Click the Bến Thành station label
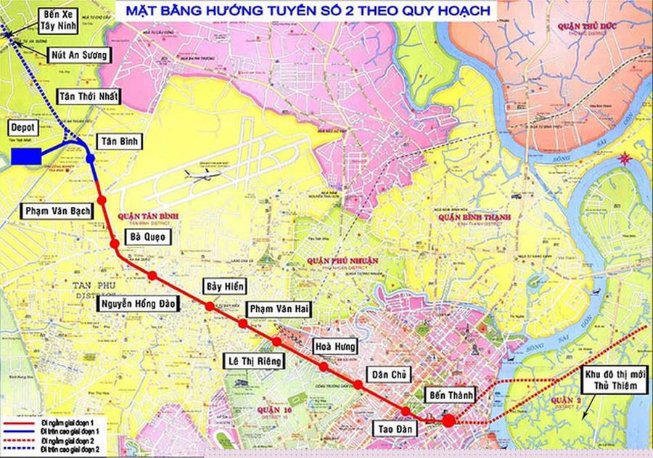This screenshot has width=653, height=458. [x=451, y=396]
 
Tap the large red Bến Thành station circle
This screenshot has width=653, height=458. [x=448, y=420]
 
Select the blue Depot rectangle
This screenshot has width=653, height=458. [x=26, y=156]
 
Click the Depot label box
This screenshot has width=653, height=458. [x=23, y=126]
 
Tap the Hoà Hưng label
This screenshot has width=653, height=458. [x=334, y=345]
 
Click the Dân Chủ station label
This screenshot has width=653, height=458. [x=389, y=375]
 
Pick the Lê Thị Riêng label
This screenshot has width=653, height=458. [x=255, y=360]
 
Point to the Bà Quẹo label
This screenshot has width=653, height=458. [x=148, y=237]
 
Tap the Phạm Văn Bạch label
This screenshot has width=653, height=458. [x=57, y=211]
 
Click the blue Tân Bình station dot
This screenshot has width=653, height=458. [x=90, y=158]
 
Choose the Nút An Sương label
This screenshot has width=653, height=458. [x=79, y=54]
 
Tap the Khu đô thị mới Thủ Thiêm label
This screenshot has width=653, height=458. [x=615, y=381]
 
